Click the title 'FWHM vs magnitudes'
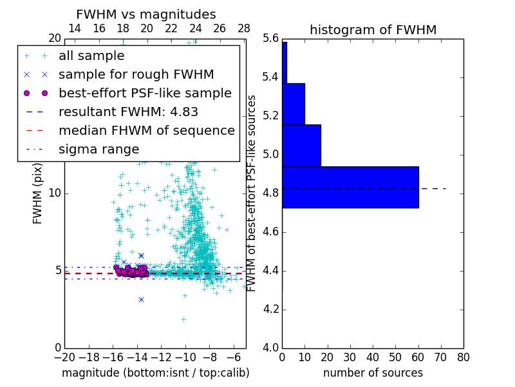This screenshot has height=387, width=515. click(x=146, y=14)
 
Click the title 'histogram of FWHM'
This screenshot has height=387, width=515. click(x=373, y=30)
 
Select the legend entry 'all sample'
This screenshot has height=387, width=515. click(x=91, y=56)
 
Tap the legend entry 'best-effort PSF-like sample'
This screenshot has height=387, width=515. click(x=145, y=94)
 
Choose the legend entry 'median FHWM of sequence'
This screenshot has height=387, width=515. click(x=146, y=131)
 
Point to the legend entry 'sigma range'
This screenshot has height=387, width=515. click(x=98, y=150)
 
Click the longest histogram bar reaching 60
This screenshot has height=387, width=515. click(x=350, y=187)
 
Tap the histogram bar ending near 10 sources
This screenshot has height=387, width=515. click(x=294, y=104)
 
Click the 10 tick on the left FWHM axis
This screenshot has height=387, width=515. click(x=55, y=193)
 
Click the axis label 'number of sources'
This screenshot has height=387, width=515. click(x=373, y=373)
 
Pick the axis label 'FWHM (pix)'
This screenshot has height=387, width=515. click(x=38, y=193)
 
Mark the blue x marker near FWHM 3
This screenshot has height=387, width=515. click(x=141, y=299)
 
